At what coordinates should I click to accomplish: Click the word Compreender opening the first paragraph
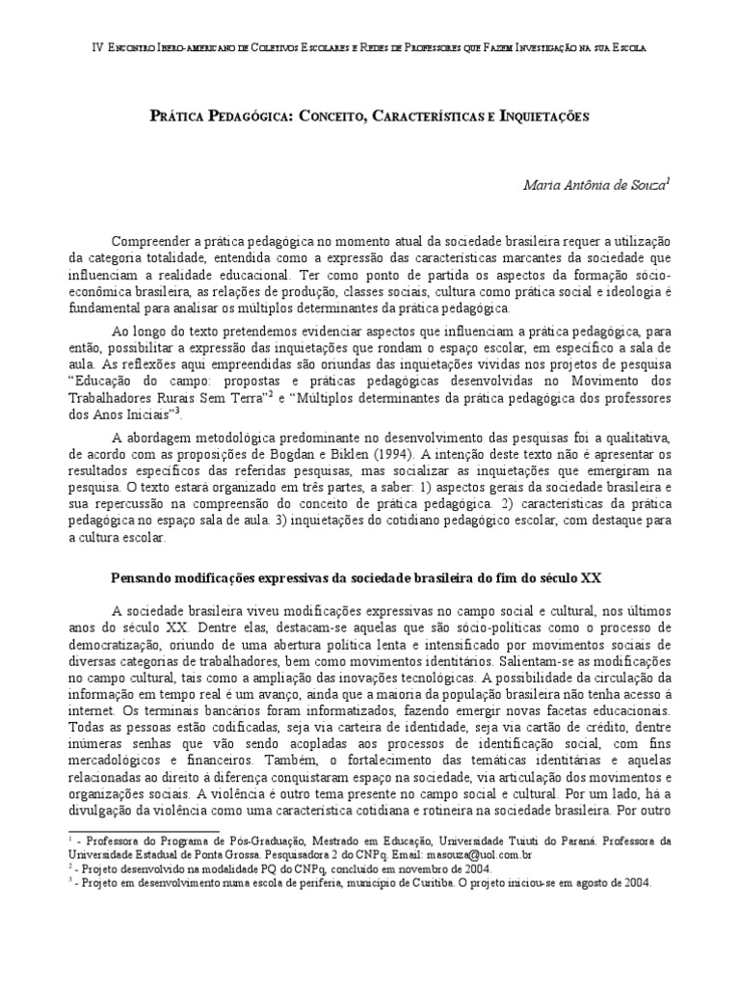pyautogui.click(x=151, y=240)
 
